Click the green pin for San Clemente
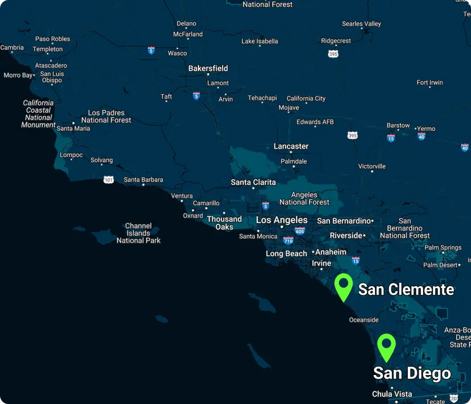[x=344, y=286]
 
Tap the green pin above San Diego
[x=386, y=347]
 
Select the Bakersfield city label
[x=208, y=68]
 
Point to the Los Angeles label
[x=282, y=220]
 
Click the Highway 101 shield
[x=109, y=180]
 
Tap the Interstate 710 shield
[x=288, y=241]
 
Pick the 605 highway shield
[x=300, y=231]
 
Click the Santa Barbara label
[x=143, y=180]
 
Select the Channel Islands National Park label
[x=138, y=233]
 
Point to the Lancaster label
[x=291, y=146]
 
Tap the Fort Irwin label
[x=429, y=83]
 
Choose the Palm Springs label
[x=443, y=248]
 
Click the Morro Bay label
[x=18, y=75]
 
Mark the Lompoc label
[x=72, y=155]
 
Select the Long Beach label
[x=286, y=254]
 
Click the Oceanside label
[x=363, y=320]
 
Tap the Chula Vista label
[x=392, y=394]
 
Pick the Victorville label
[x=372, y=166]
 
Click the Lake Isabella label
[x=260, y=41]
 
